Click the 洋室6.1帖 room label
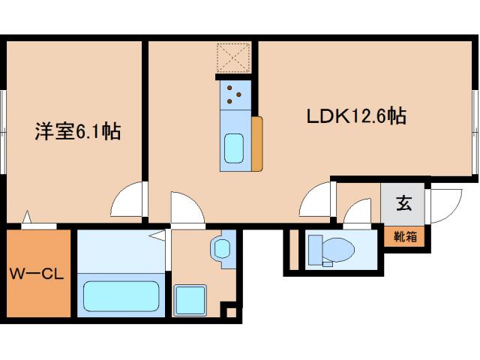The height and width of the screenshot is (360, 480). tap(77, 132)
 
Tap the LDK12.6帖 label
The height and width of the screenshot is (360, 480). tap(356, 117)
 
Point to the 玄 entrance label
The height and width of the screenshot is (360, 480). tap(403, 202)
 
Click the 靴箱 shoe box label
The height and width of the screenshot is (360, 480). tap(406, 236)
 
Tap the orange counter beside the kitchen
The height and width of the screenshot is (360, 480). tap(256, 142)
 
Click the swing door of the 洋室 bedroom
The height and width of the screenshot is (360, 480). tap(128, 201)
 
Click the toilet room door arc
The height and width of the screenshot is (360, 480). tap(358, 212)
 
